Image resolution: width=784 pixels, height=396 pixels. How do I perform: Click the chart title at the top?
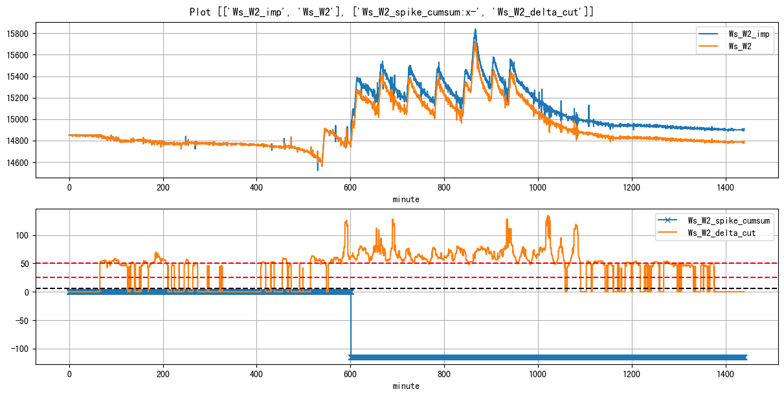392,12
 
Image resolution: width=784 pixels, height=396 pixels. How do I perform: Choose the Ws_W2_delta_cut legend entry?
731,234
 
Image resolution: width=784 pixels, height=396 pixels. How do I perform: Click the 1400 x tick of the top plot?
725,188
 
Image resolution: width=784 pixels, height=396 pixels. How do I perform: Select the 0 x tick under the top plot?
69,188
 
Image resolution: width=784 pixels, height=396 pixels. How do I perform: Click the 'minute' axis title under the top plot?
406,199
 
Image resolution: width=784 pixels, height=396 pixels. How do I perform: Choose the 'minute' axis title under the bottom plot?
406,386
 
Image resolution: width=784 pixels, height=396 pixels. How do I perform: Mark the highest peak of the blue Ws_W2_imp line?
475,29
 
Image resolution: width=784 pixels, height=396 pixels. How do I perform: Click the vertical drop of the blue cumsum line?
351,324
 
